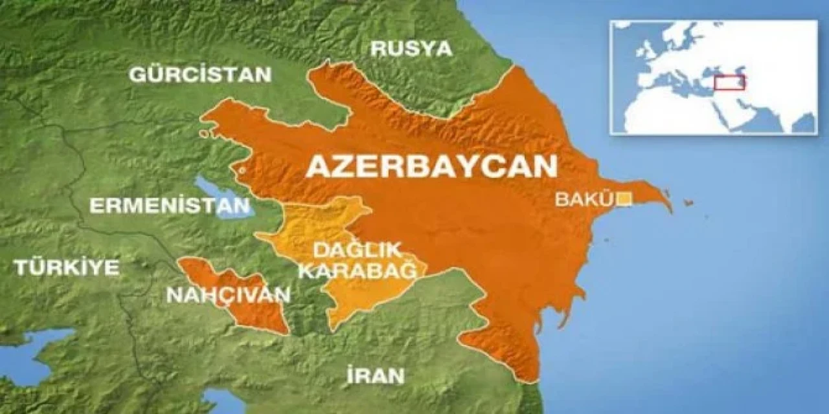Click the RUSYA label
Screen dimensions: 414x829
click(x=412, y=49)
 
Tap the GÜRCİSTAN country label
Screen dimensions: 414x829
click(x=200, y=74)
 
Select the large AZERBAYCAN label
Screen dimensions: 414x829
click(x=431, y=166)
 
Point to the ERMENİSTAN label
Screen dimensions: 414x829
click(x=169, y=206)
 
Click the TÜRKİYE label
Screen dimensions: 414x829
click(x=67, y=267)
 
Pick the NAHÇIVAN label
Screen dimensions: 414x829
click(x=228, y=295)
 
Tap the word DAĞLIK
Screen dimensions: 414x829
click(x=357, y=250)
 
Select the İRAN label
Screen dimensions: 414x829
click(x=376, y=375)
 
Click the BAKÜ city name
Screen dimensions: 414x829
click(x=584, y=200)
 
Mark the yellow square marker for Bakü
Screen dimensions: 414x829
click(x=624, y=199)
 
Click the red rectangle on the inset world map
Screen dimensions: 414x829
click(x=730, y=82)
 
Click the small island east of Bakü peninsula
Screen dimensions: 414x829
click(x=688, y=203)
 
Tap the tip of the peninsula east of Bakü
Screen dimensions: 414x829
click(x=670, y=209)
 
